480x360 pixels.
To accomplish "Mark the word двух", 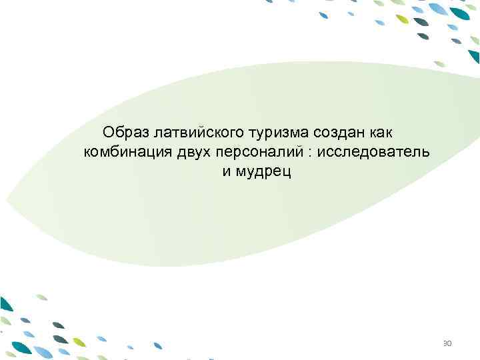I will [193, 151].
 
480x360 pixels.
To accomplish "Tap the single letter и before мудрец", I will [226, 173].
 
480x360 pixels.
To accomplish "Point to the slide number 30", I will [447, 344].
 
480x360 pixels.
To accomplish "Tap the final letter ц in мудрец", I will [288, 174].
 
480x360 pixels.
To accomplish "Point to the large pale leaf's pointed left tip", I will [8, 199].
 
